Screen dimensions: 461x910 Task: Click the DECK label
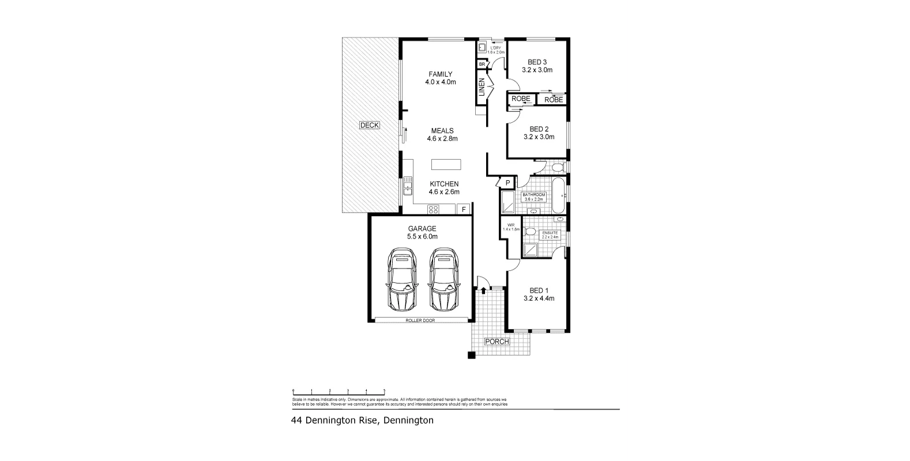tap(369, 125)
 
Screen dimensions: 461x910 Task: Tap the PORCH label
tap(497, 341)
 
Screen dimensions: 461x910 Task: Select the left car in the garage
tap(402, 279)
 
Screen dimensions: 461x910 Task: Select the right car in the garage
tap(442, 279)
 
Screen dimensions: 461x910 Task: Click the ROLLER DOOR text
tap(420, 320)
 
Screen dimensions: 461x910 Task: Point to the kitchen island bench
tap(446, 164)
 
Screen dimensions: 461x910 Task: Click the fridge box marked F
tap(463, 209)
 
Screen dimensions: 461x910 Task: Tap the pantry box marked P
tap(507, 183)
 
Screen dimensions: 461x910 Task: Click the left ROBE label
tap(521, 99)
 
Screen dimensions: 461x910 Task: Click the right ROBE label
tap(553, 100)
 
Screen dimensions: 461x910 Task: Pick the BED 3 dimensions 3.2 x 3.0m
tap(537, 70)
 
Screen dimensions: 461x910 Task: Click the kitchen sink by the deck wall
tap(408, 186)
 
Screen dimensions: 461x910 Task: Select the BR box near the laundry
tap(482, 64)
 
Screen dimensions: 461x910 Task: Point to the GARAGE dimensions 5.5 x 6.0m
tap(422, 236)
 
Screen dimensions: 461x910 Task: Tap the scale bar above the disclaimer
tap(339, 391)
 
